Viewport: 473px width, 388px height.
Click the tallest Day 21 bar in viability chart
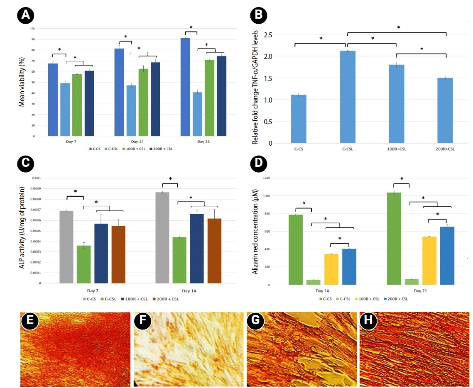[x=186, y=87]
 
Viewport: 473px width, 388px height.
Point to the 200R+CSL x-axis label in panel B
[x=446, y=149]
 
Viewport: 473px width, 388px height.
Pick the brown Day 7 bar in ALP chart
[x=118, y=254]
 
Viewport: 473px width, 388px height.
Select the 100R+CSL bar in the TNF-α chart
[x=397, y=104]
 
